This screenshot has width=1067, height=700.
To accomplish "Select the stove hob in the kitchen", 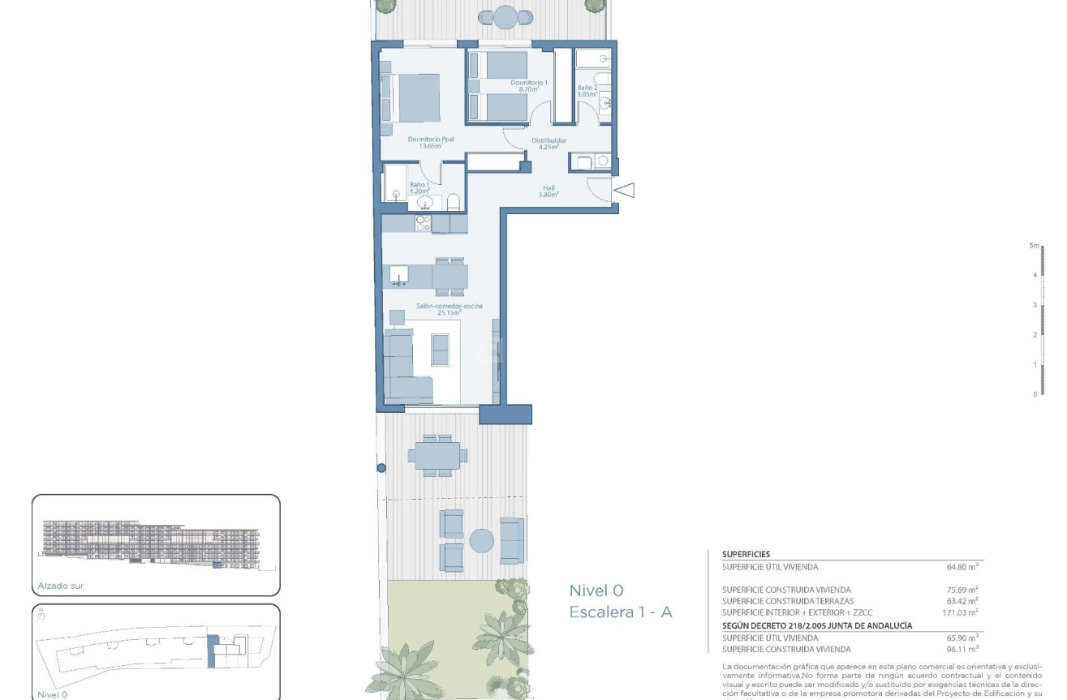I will (x=422, y=222).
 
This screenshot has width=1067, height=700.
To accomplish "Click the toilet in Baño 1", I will (x=454, y=201).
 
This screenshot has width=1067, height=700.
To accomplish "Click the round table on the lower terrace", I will (x=483, y=541).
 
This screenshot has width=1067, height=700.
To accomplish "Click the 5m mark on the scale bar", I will (x=1034, y=245).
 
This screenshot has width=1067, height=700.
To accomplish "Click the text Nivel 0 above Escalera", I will (x=596, y=590).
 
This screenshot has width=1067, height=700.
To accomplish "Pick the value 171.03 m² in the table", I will (x=963, y=612).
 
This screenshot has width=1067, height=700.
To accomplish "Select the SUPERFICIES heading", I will (x=746, y=554).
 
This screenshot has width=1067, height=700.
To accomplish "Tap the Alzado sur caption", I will (x=61, y=585).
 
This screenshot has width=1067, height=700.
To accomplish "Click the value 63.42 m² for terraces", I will (x=963, y=601).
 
